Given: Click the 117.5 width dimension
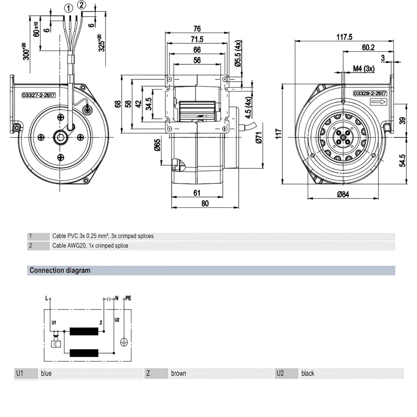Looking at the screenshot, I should click(344, 37).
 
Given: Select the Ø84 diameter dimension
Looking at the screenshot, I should click(343, 194).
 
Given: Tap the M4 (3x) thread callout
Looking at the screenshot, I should click(364, 69).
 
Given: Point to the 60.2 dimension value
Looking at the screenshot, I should click(368, 47).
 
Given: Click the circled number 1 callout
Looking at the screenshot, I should click(69, 9).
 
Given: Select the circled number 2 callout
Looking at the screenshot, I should click(82, 5).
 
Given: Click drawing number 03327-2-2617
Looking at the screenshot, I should click(39, 95).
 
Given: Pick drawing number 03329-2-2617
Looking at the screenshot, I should click(370, 94).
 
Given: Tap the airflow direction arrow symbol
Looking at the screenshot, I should click(378, 102).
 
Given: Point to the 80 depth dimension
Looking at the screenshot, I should click(205, 203).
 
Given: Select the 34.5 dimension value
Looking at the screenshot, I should click(149, 104).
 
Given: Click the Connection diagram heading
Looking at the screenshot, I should click(60, 270).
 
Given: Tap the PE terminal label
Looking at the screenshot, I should click(128, 298).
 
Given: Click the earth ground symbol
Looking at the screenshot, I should click(124, 342).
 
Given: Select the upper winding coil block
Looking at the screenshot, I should click(84, 332).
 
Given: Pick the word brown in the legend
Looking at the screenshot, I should click(179, 373).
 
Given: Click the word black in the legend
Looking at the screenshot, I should click(308, 373).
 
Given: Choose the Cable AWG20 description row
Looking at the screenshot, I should click(90, 246).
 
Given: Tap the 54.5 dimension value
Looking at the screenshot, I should click(403, 160).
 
